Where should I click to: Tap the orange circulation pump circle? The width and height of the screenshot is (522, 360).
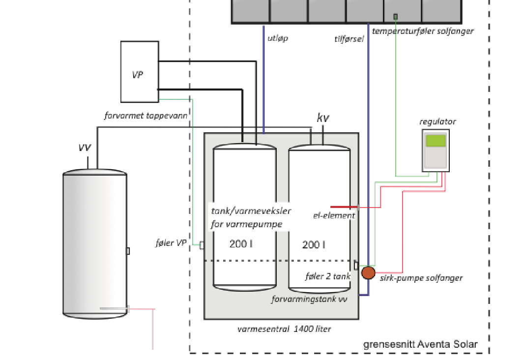368,272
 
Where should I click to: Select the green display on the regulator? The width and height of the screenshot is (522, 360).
435,141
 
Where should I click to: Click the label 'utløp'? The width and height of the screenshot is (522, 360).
278,38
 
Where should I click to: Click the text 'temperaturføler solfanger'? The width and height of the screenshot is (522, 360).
423,31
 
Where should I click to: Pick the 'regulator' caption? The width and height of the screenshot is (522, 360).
437,121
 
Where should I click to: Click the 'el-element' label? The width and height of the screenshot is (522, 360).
334,215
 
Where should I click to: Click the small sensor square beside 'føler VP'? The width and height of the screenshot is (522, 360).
202,245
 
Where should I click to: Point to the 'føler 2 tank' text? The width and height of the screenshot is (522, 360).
327,276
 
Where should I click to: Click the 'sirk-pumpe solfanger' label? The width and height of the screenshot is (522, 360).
421,278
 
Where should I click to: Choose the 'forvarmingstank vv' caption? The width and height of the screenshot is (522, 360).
310,299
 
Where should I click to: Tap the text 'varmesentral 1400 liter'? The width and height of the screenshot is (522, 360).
284,329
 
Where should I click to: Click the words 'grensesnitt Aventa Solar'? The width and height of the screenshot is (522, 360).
420,344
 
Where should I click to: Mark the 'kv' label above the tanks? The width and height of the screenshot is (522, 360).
322,118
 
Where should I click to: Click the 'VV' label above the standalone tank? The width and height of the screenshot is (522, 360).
85,148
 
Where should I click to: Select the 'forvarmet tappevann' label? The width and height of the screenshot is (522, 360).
146,116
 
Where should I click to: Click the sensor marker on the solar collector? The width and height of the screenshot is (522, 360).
395,16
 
